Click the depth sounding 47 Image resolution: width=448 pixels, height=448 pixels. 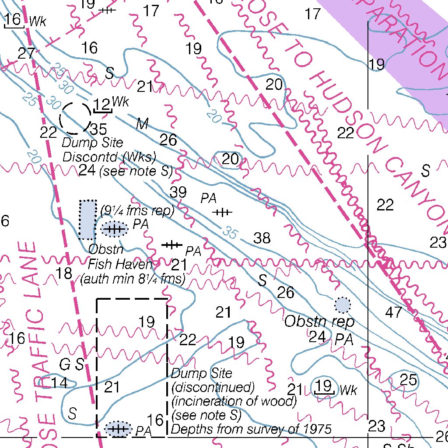[x=394, y=312]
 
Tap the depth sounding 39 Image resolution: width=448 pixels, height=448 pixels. [x=178, y=192]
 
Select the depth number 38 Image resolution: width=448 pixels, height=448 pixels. [x=262, y=238]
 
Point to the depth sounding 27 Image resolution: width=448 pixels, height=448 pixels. [x=26, y=54]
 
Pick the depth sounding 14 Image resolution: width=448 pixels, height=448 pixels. [x=59, y=383]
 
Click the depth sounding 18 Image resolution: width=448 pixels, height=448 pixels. [x=64, y=274]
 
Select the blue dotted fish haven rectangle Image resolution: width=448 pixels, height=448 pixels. [x=88, y=220]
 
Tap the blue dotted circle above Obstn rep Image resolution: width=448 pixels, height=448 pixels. [x=343, y=305]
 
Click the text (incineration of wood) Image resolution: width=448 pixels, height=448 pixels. [x=234, y=401]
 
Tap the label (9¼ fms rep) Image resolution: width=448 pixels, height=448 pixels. [x=137, y=211]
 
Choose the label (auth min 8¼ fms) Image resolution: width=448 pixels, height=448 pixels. [x=133, y=278]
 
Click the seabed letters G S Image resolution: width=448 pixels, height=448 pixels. [x=72, y=364]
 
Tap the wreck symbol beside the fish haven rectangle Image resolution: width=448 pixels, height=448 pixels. [x=114, y=229]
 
